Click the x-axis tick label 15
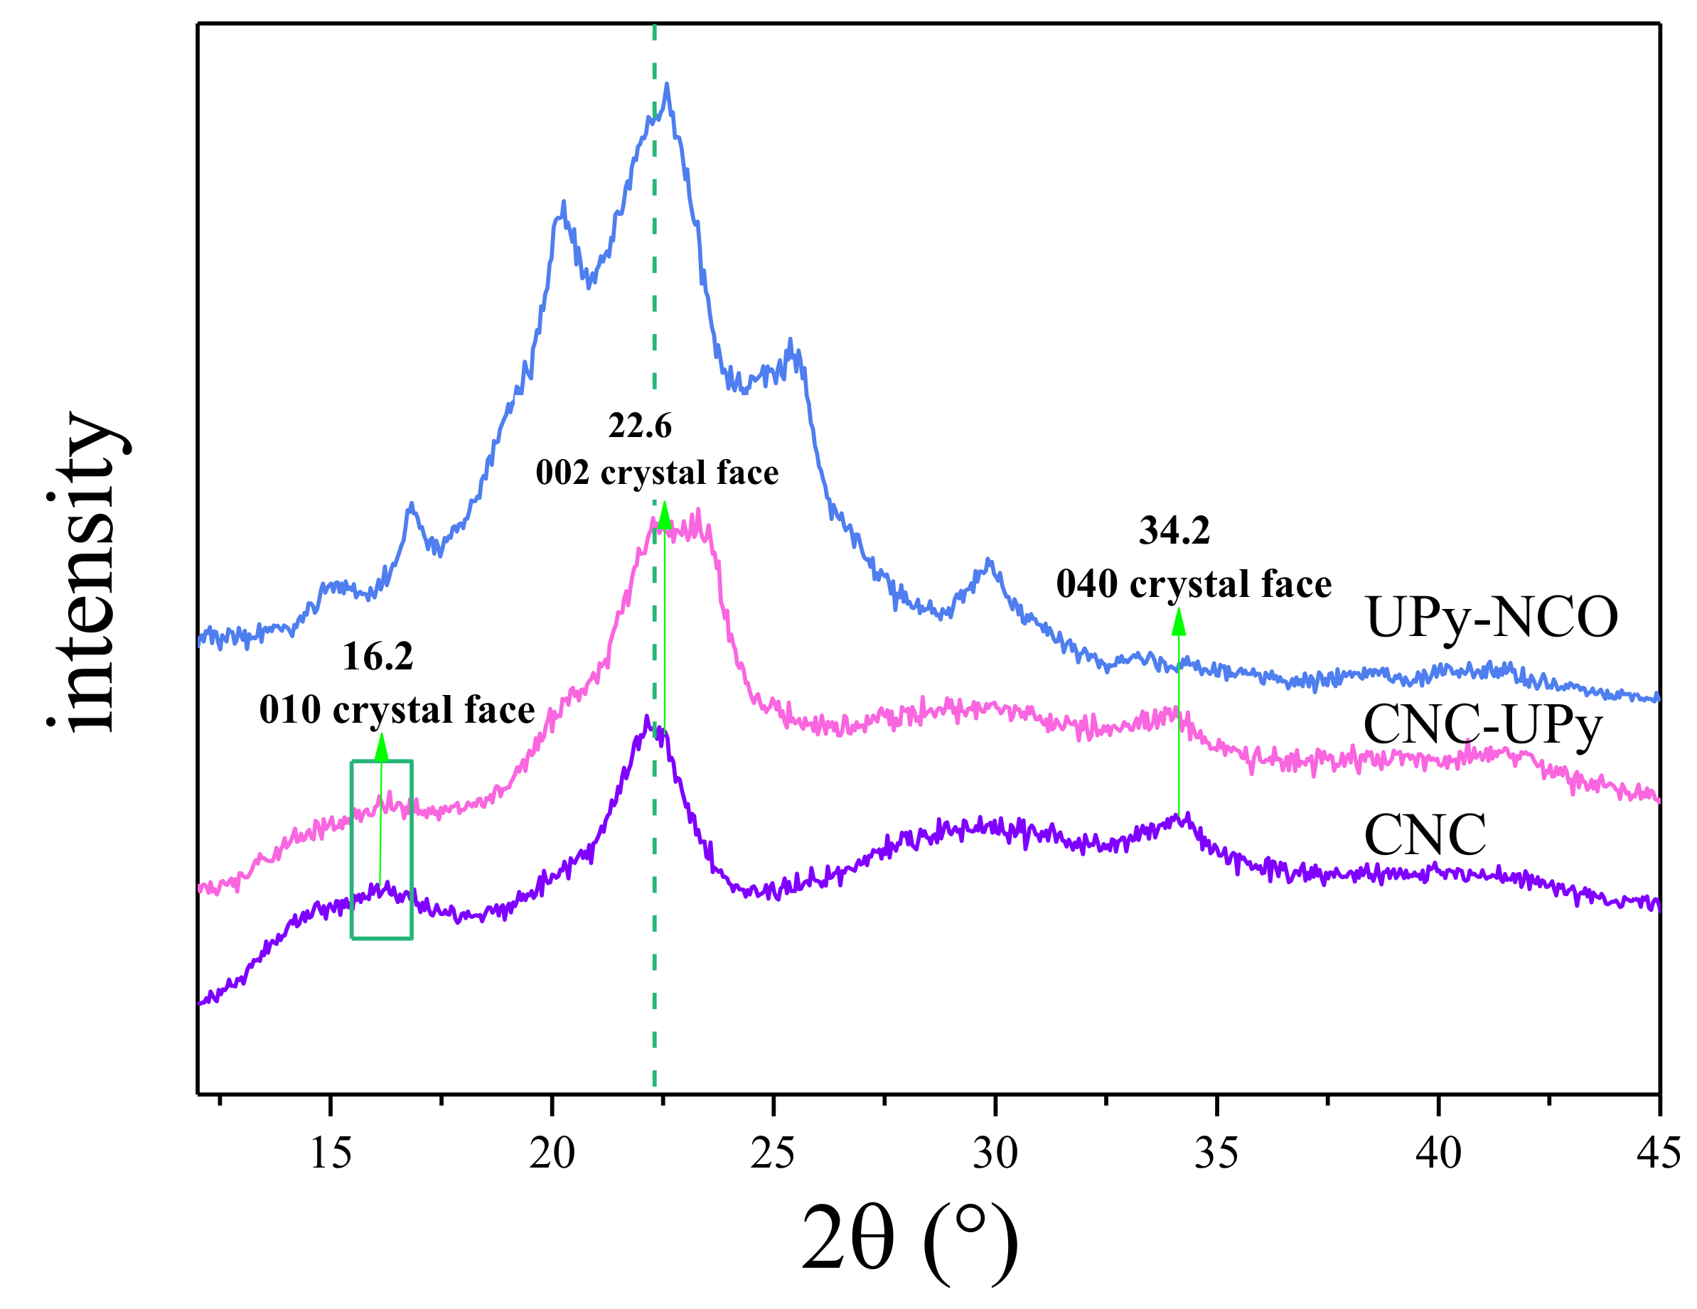click(331, 1153)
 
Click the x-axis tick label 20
click(552, 1153)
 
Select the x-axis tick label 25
click(772, 1153)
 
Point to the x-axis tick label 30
click(995, 1153)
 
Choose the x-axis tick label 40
click(1438, 1153)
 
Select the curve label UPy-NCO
click(1491, 618)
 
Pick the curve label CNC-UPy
click(1482, 725)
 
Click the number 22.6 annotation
click(639, 426)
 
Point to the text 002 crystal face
click(657, 473)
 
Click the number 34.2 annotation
click(1174, 532)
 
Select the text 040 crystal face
click(1194, 584)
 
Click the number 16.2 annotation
click(378, 657)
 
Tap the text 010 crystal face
click(397, 710)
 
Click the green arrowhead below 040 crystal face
click(1179, 623)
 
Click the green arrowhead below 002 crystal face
click(663, 516)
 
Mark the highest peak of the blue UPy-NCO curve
click(667, 85)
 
